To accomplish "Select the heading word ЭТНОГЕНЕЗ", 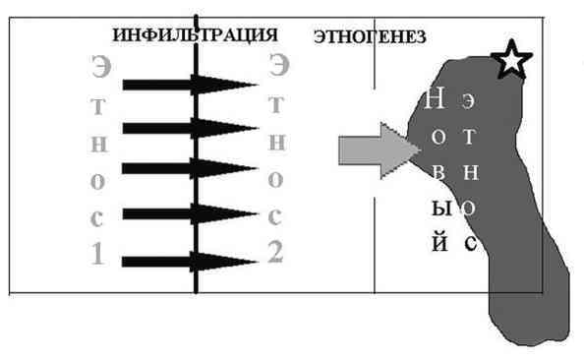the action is [x=369, y=37].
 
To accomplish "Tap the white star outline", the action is [x=511, y=60].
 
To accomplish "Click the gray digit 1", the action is [x=97, y=255].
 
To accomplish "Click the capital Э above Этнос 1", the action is [x=98, y=69].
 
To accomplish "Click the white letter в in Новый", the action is [x=438, y=173].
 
